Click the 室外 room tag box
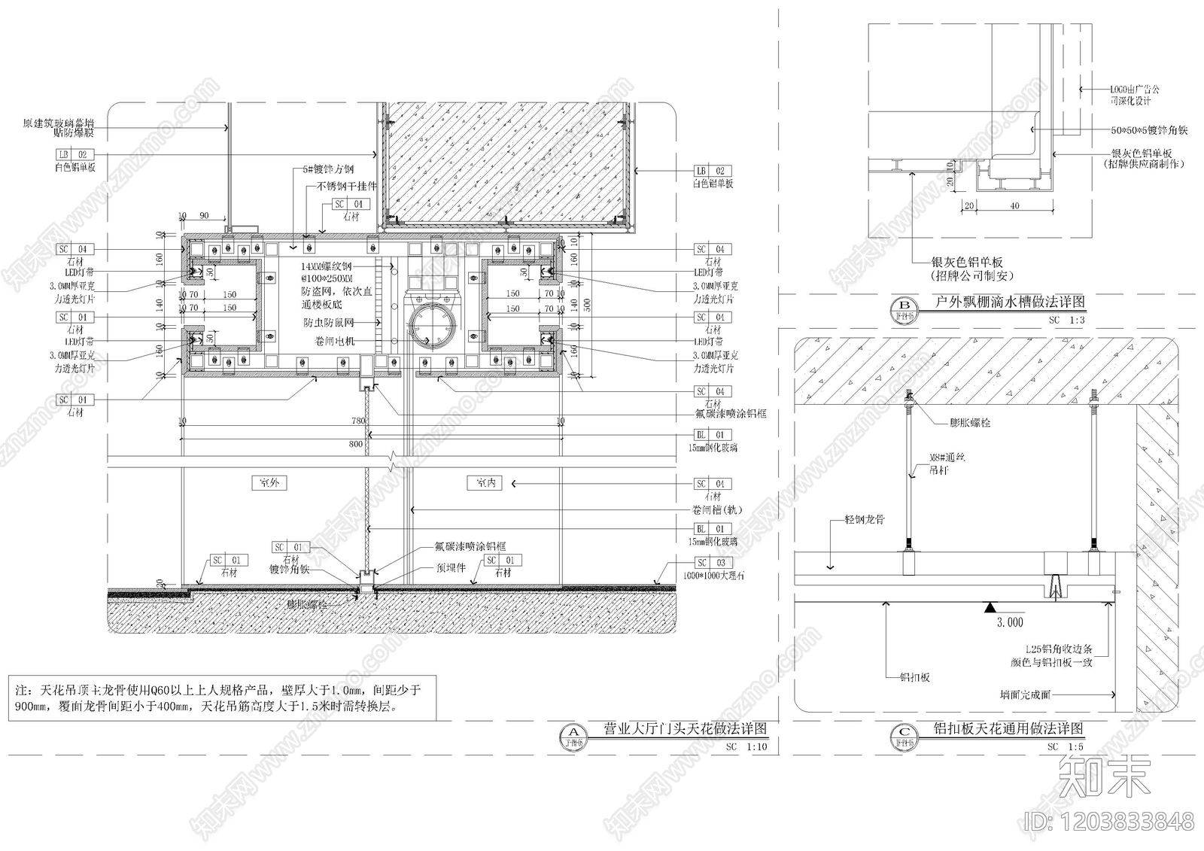click(269, 482)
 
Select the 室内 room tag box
click(485, 483)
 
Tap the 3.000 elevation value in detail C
click(1010, 622)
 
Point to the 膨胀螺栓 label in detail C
click(971, 424)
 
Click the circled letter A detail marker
click(574, 732)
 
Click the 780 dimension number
click(357, 421)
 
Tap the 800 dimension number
click(355, 444)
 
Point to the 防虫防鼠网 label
click(329, 322)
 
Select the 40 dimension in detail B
click(1014, 205)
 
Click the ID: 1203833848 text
click(1109, 820)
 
